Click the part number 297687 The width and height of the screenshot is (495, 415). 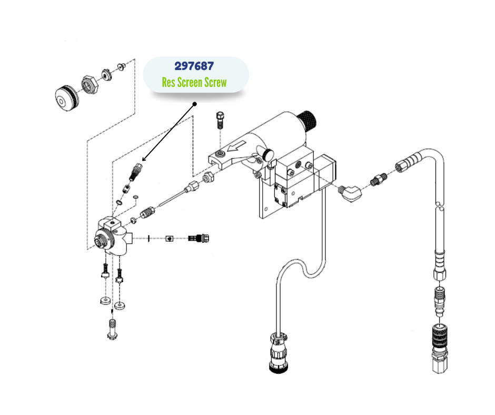(194, 66)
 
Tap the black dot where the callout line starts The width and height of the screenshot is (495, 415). (195, 104)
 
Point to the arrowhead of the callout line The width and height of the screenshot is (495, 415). (143, 159)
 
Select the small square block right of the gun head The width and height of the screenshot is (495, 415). (170, 239)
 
